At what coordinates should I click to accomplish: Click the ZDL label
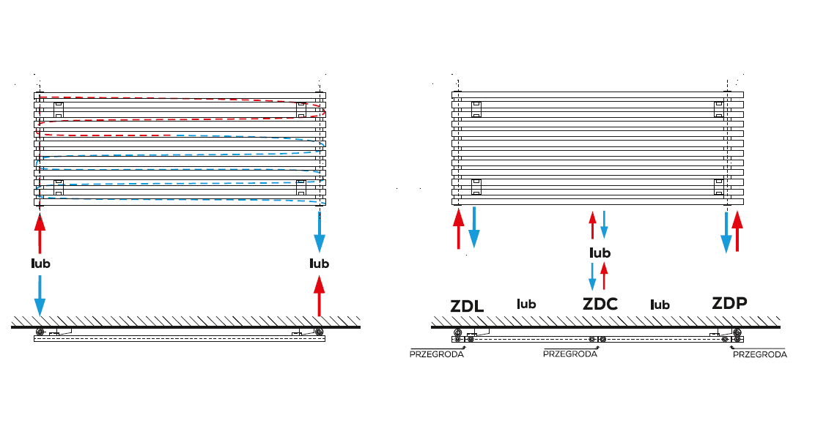(467, 306)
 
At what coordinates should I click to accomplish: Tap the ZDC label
(600, 304)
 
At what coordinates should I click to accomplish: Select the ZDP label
(729, 303)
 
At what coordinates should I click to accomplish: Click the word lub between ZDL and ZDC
(526, 304)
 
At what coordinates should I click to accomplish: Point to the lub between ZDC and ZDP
(660, 305)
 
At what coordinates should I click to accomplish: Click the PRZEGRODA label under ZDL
(437, 354)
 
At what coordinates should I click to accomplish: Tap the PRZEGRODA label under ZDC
(570, 354)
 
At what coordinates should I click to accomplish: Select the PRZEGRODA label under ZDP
(760, 354)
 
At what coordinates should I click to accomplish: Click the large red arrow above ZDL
(459, 228)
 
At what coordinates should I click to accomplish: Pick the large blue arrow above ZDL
(474, 227)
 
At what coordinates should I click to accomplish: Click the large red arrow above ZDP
(737, 231)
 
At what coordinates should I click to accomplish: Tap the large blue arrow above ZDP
(726, 231)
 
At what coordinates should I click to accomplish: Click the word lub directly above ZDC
(600, 253)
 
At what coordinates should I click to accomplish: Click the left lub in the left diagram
(40, 264)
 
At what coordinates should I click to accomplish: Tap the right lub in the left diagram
(319, 264)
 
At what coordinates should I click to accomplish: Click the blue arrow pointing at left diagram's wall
(40, 295)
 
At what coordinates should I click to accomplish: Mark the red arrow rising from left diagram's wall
(319, 296)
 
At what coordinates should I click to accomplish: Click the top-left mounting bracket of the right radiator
(476, 110)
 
